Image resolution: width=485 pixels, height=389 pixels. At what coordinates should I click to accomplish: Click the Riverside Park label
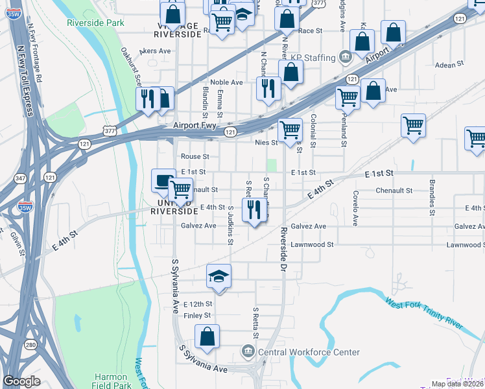(x=95, y=22)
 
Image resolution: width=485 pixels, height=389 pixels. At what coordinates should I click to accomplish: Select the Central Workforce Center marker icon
(x=248, y=352)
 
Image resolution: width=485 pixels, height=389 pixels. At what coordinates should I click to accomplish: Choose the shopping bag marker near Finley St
(x=207, y=336)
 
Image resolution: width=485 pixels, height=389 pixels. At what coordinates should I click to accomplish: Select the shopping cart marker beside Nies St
(x=289, y=130)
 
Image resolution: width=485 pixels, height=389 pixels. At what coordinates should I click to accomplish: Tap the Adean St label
(x=450, y=65)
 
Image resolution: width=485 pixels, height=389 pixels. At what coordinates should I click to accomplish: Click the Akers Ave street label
(x=156, y=50)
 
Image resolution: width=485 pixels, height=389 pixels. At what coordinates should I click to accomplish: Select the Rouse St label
(x=195, y=156)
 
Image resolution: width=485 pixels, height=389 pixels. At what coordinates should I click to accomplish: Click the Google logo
(x=22, y=381)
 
